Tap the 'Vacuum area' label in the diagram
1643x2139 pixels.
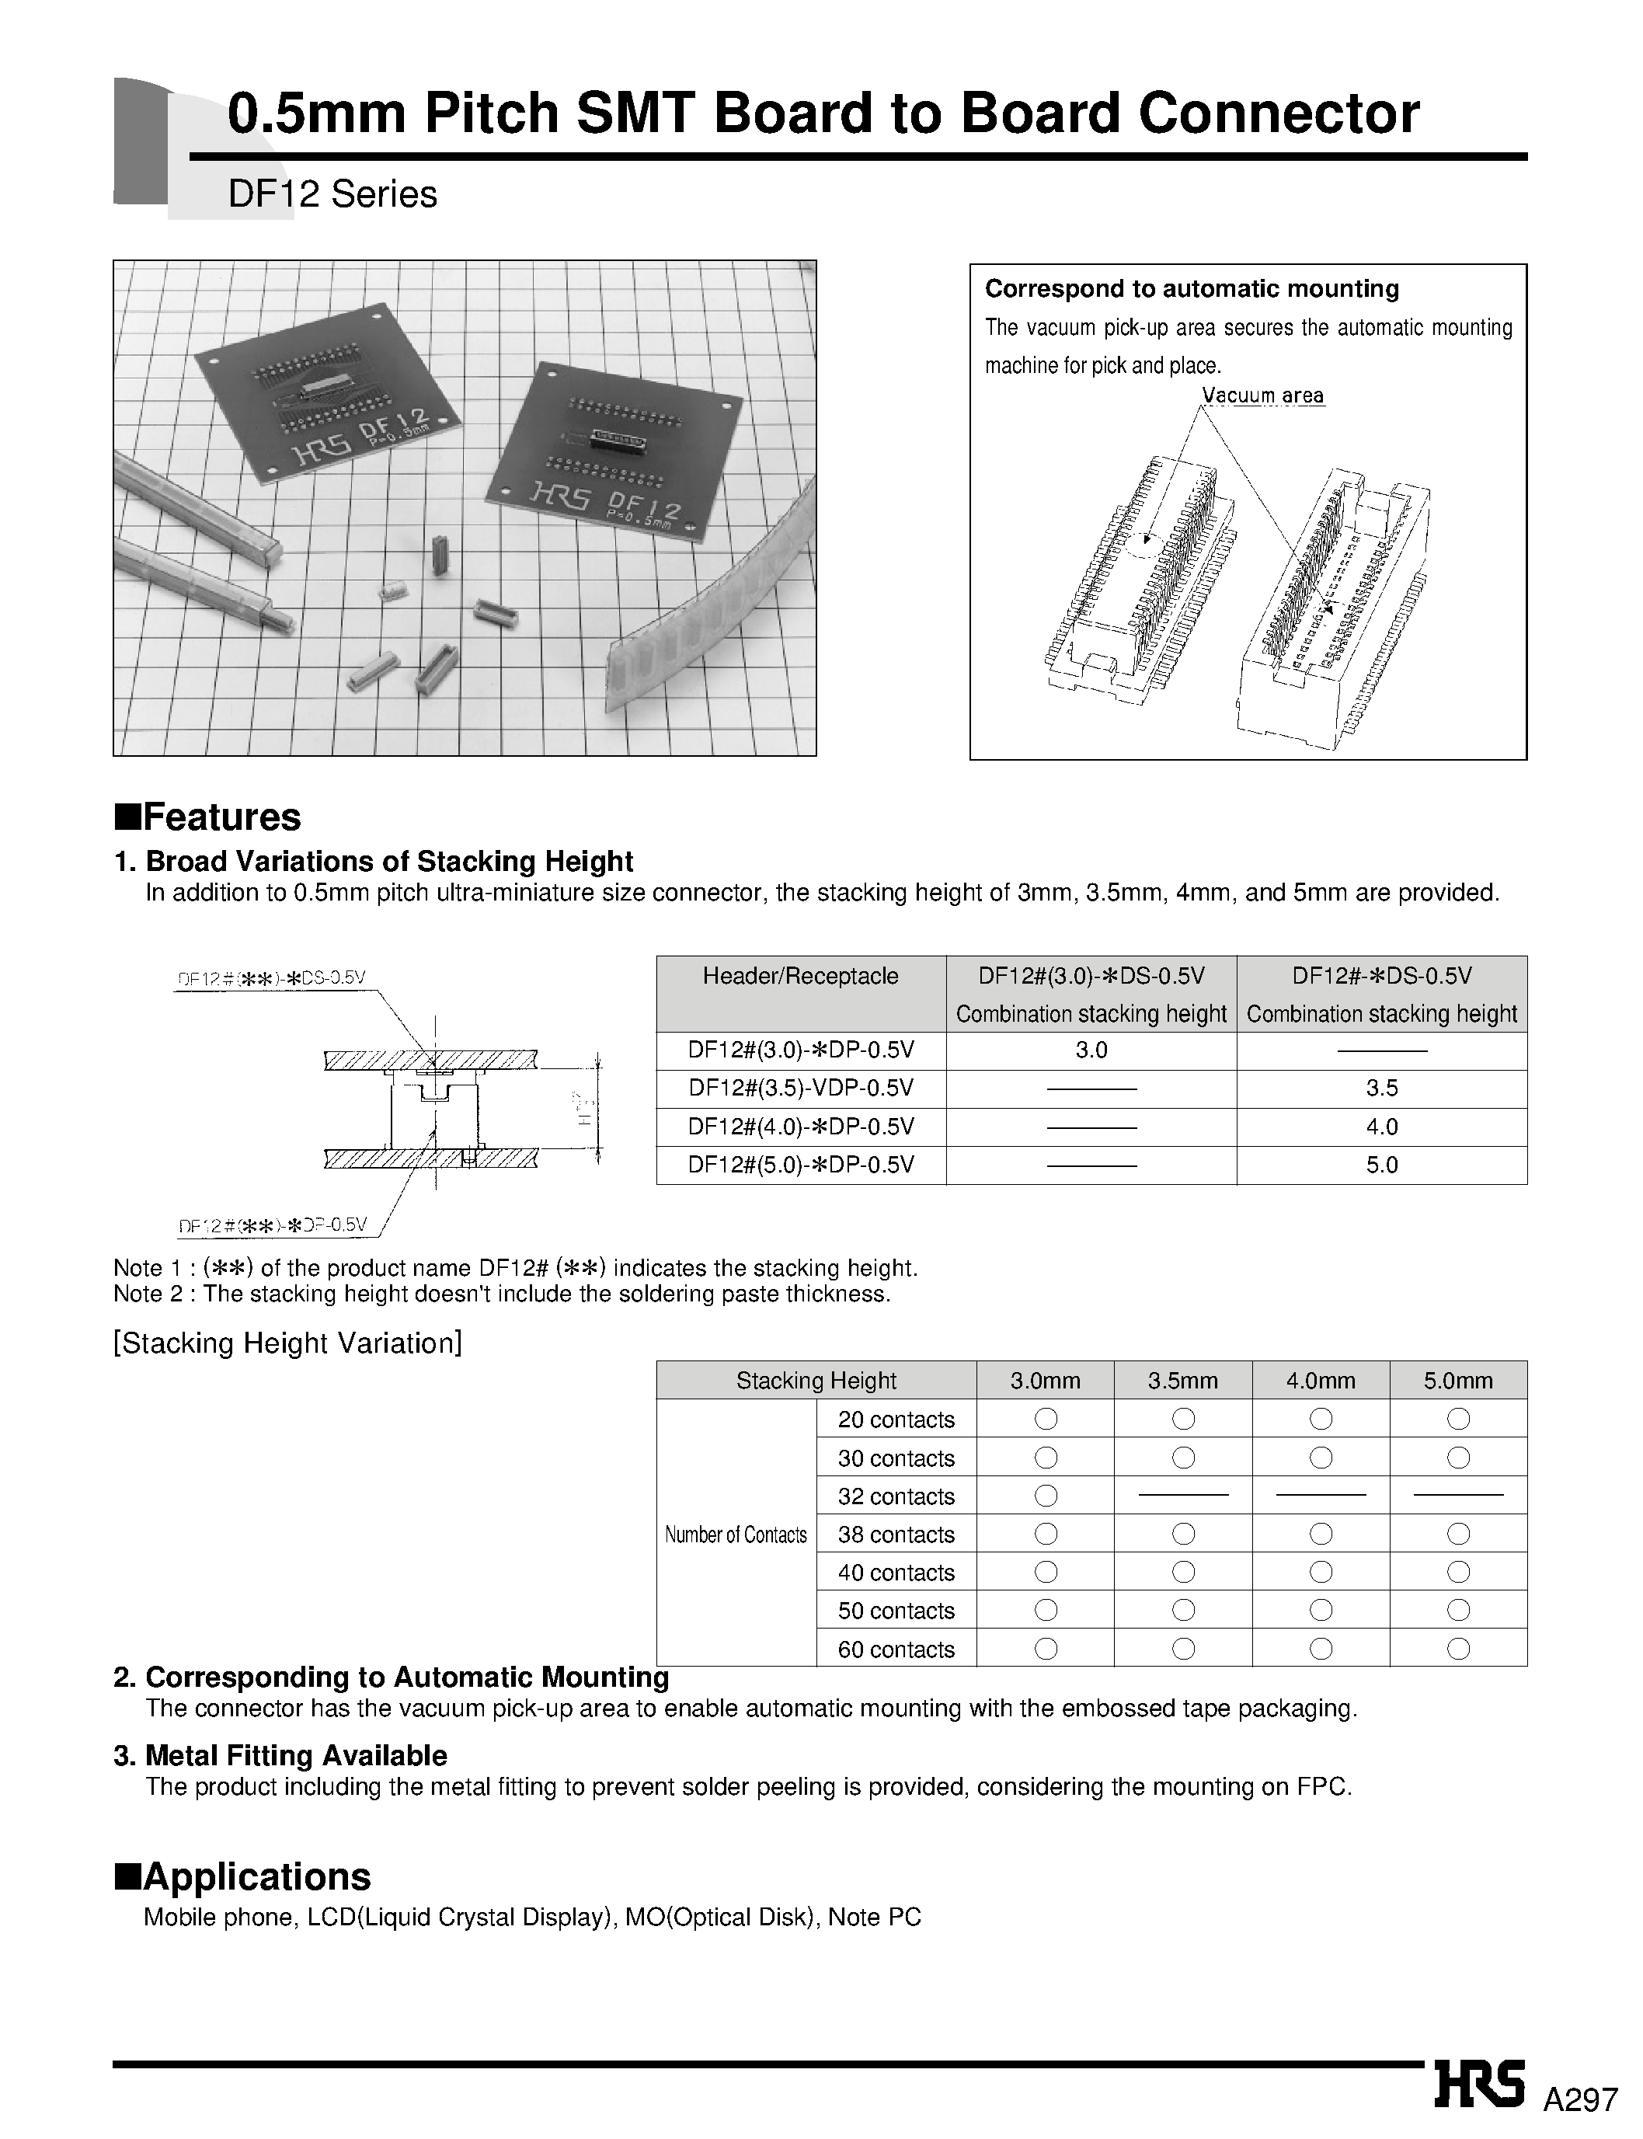[x=1262, y=396]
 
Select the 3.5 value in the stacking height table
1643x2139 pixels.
[x=1381, y=1089]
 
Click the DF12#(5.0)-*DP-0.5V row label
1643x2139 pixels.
[x=800, y=1165]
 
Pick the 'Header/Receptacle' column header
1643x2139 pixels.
[x=800, y=976]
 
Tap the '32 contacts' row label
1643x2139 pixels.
[x=896, y=1496]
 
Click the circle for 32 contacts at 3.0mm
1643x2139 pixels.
[x=1046, y=1496]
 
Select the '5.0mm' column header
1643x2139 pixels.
[x=1457, y=1380]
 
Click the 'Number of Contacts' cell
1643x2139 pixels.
[x=736, y=1535]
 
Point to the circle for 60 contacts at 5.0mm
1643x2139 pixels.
[x=1457, y=1649]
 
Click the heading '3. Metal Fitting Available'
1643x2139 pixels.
[x=280, y=1756]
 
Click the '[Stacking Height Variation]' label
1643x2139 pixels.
[x=287, y=1343]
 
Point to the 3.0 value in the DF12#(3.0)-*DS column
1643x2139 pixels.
[x=1091, y=1050]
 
